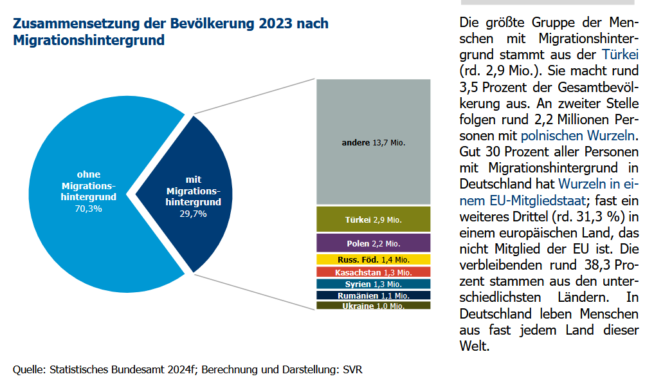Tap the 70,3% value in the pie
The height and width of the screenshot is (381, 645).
tap(88, 209)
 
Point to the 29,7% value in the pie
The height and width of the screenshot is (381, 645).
tap(194, 214)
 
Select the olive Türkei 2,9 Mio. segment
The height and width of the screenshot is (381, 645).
tap(373, 219)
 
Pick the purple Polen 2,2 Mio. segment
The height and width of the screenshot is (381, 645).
tap(373, 243)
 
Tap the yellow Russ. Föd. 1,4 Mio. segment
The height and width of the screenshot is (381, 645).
tap(373, 259)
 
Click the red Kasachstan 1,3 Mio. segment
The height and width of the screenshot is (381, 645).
tap(373, 272)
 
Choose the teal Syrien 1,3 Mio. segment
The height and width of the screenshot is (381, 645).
tap(373, 284)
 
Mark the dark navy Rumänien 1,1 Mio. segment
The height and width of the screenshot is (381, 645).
tap(373, 295)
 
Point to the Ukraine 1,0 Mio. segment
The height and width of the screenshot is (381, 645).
tap(373, 306)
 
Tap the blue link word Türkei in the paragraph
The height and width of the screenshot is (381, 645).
tap(620, 54)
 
